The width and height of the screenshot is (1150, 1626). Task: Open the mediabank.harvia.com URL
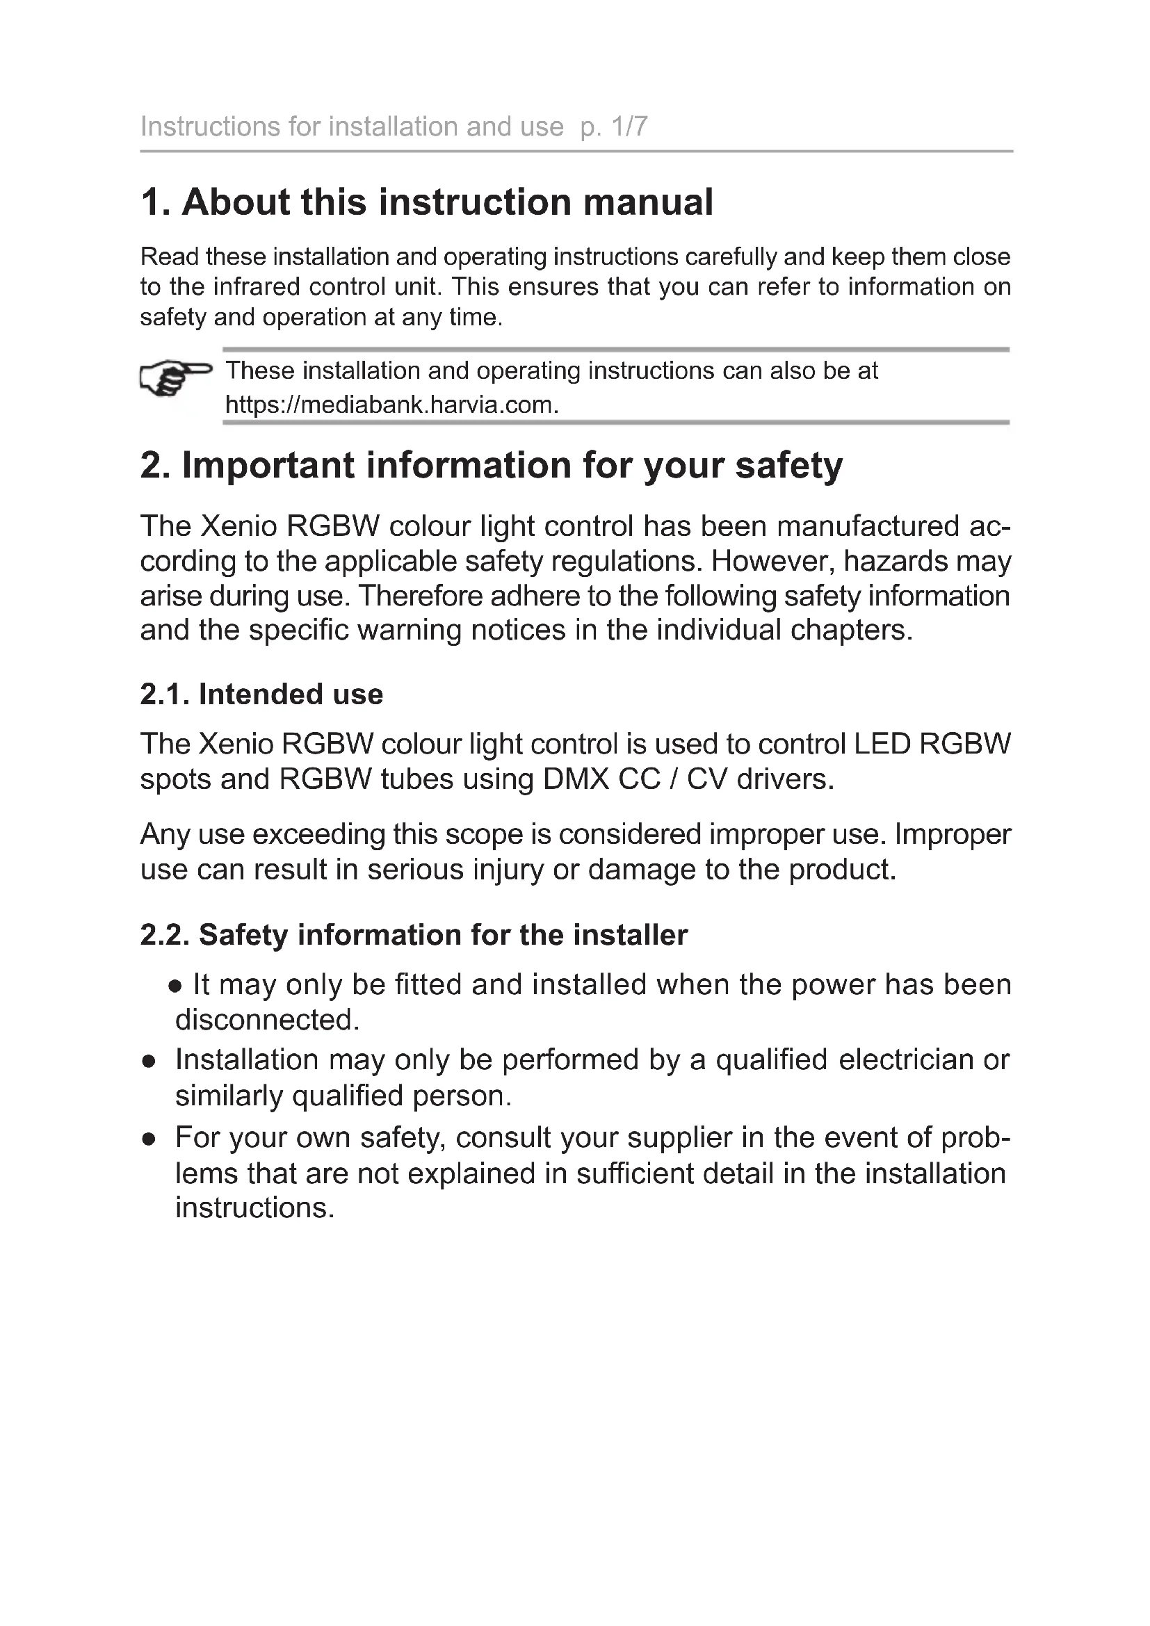pyautogui.click(x=391, y=405)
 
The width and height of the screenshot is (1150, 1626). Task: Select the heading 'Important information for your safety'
pyautogui.click(x=492, y=465)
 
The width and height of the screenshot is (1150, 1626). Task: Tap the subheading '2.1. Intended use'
pyautogui.click(x=261, y=694)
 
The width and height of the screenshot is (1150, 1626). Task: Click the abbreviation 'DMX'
pyautogui.click(x=576, y=779)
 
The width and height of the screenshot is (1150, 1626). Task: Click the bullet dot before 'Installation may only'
pyautogui.click(x=149, y=1062)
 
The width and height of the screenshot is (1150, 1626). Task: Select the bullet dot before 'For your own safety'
pyautogui.click(x=149, y=1139)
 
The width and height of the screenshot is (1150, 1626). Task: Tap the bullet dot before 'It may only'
pyautogui.click(x=175, y=986)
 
